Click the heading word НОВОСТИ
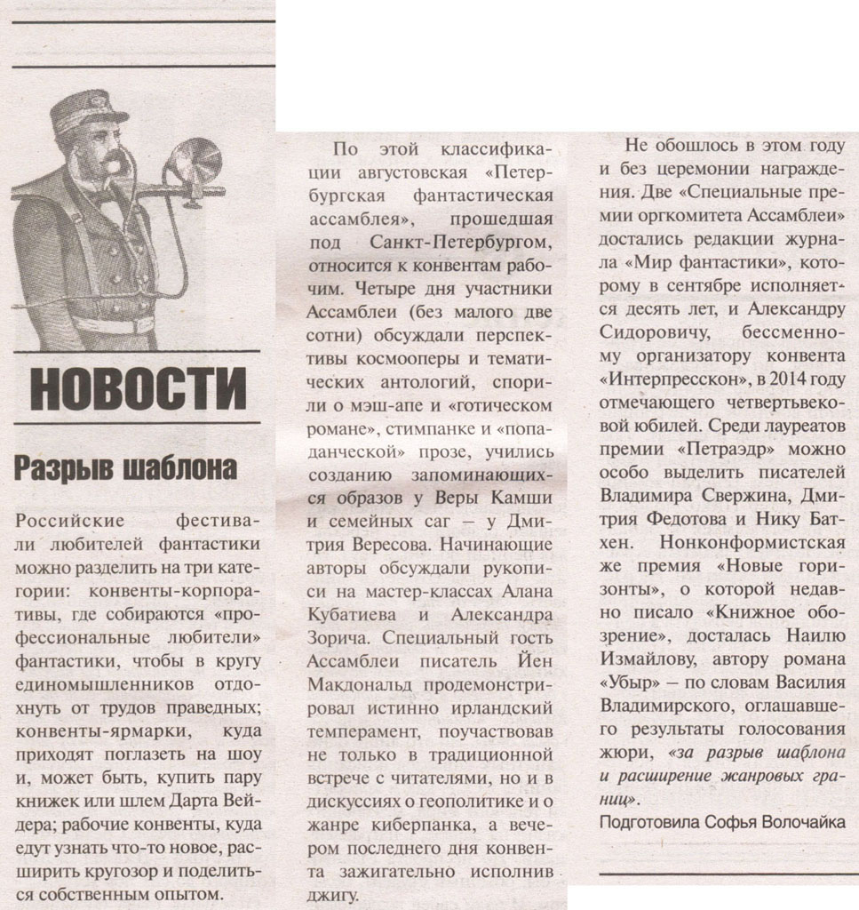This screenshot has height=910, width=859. click(138, 388)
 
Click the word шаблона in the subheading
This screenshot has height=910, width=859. click(188, 468)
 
